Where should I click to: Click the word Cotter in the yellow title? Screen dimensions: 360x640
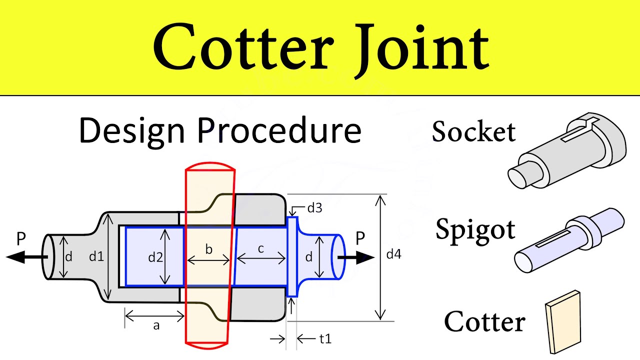[243, 48]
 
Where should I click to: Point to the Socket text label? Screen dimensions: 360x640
[473, 132]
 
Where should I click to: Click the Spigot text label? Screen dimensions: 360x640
[475, 229]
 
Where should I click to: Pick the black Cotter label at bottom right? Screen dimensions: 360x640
[484, 321]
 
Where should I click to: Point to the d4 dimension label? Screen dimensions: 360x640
[393, 254]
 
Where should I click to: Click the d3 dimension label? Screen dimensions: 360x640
[314, 208]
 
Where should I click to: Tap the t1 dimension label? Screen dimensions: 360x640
[325, 339]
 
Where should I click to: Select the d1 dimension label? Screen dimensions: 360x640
[96, 257]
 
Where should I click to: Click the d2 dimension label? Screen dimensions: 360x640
[155, 257]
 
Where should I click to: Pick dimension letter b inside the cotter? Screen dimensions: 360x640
[209, 249]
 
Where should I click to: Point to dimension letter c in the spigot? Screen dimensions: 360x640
[261, 249]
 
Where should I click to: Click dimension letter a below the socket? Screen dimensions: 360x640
[156, 326]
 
